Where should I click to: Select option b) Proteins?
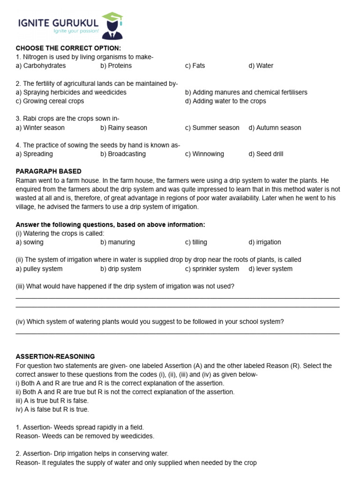[116, 66]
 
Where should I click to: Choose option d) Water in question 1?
[261, 66]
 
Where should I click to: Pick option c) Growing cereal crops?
[50, 101]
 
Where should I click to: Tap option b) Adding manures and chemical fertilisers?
[246, 92]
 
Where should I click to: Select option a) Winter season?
[40, 127]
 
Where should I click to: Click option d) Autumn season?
[275, 127]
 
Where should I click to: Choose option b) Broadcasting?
[123, 154]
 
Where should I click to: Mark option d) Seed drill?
[266, 154]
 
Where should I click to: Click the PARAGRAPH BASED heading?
[49, 171]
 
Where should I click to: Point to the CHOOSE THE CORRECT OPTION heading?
[68, 48]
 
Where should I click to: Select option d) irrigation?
[265, 242]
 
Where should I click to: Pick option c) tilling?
[196, 242]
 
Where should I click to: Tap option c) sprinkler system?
[212, 269]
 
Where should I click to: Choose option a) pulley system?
[39, 269]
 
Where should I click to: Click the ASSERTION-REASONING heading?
[55, 356]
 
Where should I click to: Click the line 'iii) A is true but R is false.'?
[52, 400]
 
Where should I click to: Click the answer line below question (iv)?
[178, 334]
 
